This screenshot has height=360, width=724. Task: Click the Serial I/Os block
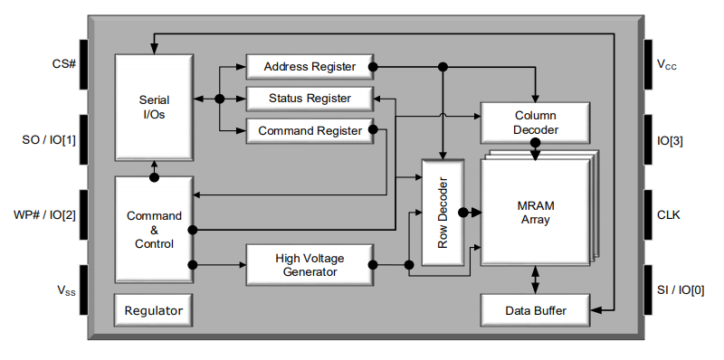coord(153,108)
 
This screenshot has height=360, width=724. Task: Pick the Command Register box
coord(309,131)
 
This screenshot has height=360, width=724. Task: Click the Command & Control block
coord(153,230)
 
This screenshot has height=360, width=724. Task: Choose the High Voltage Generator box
coord(309,265)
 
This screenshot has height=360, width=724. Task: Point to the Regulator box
coord(153,310)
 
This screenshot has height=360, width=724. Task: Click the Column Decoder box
coord(535,122)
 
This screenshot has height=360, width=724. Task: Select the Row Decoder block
coord(443,213)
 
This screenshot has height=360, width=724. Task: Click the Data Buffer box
coord(535,310)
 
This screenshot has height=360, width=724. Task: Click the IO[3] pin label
coord(670,139)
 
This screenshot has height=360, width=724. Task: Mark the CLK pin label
coord(670,215)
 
